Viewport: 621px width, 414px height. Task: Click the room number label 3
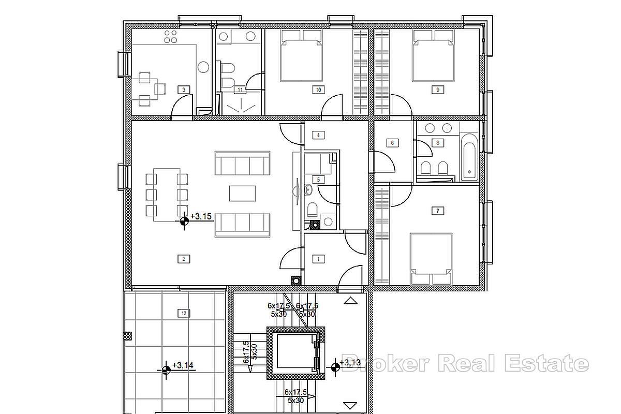(184, 90)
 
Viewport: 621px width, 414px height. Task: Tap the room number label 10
(318, 90)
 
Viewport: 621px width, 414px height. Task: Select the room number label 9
(438, 90)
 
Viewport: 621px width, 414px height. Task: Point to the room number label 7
(438, 211)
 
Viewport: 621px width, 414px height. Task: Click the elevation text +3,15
(201, 217)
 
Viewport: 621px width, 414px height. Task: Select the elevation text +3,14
(183, 365)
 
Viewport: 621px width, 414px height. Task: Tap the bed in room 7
(431, 258)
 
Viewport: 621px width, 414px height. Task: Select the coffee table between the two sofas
(242, 193)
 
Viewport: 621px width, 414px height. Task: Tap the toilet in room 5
(312, 209)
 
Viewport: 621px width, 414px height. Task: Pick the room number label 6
(392, 143)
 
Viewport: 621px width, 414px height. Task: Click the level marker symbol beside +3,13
(335, 367)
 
